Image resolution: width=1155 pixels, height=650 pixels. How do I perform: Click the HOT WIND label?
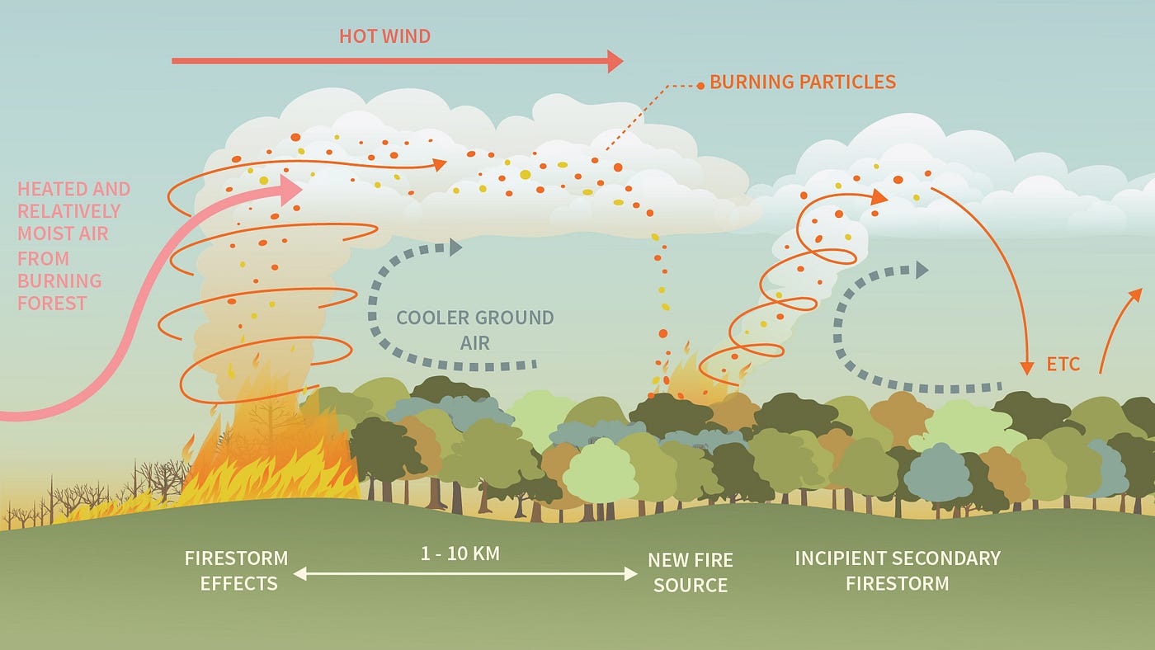[384, 36]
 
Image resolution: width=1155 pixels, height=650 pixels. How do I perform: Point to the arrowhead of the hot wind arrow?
[615, 61]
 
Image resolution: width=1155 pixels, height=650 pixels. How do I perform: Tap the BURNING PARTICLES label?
[802, 82]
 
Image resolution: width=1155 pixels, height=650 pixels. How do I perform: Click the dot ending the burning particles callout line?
[700, 85]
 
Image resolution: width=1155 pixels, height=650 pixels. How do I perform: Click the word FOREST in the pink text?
[52, 303]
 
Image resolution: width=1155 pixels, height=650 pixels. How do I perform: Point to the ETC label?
[1063, 364]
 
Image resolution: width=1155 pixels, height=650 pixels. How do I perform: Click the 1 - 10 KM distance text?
[460, 553]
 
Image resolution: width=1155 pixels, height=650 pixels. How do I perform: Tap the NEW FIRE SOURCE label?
[690, 572]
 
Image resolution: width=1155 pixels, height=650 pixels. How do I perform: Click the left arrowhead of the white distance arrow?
[299, 573]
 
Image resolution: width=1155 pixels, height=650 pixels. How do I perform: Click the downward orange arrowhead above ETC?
[1027, 367]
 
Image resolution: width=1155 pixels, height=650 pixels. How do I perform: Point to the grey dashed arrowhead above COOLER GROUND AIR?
[455, 247]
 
